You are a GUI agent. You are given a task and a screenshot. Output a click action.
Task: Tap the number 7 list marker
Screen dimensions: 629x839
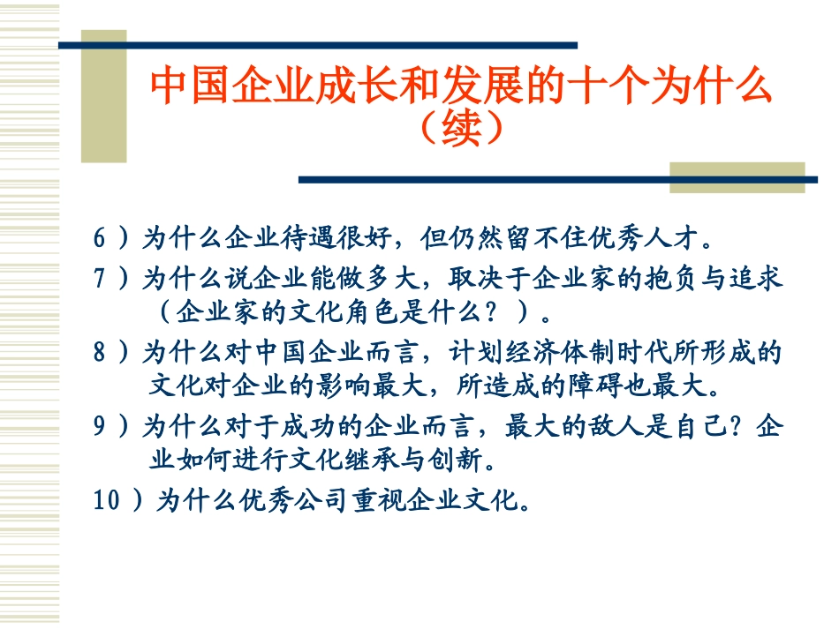[x=100, y=279]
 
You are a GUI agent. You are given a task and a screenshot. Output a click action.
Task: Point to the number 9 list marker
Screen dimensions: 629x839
[x=100, y=428]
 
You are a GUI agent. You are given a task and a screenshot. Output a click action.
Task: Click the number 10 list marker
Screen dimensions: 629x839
[x=106, y=501]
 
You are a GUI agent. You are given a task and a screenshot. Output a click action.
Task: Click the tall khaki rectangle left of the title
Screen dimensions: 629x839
[x=104, y=97]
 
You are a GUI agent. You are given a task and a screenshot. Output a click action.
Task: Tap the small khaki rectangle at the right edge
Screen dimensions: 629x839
[x=737, y=177]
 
